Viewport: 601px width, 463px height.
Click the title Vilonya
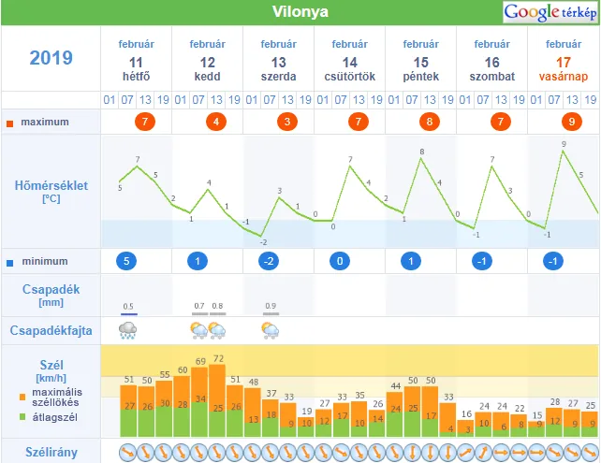pos(300,12)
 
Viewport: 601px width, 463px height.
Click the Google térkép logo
pos(550,12)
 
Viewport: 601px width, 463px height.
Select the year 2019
pos(51,58)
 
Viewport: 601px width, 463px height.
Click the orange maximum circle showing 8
pos(429,122)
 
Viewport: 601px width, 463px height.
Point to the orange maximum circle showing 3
pos(286,122)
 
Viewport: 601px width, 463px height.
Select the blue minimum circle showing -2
pos(269,261)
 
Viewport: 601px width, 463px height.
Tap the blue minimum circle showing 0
pos(340,261)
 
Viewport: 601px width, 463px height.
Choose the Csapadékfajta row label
pos(51,330)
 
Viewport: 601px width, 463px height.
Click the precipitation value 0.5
pos(128,306)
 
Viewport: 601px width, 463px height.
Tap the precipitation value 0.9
pos(271,306)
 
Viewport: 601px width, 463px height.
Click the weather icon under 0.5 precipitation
pos(128,329)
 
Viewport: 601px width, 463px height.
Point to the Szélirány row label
pos(51,452)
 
